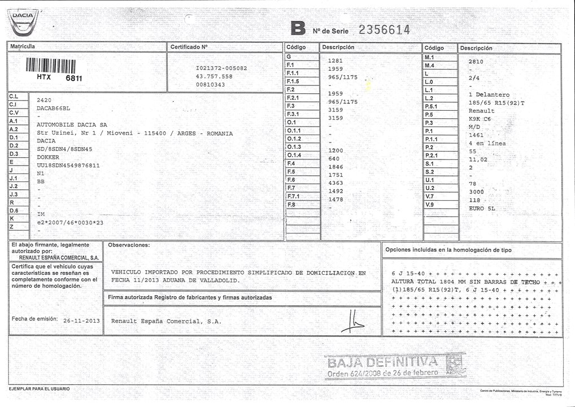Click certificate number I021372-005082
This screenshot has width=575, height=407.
point(221,68)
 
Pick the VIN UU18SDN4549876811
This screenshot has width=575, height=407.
point(68,165)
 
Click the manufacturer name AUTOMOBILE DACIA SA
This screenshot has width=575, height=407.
point(72,124)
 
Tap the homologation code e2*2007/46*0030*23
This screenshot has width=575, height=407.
point(71,223)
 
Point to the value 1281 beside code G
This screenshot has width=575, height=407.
point(336,60)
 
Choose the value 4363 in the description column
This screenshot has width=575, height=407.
point(336,183)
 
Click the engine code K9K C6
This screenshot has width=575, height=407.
point(480,119)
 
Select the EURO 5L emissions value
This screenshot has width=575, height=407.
point(482,209)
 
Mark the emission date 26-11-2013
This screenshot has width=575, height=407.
point(81,321)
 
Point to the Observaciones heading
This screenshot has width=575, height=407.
point(129,245)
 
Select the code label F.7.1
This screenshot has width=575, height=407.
point(294,196)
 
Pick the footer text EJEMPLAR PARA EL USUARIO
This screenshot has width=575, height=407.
point(39,389)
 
